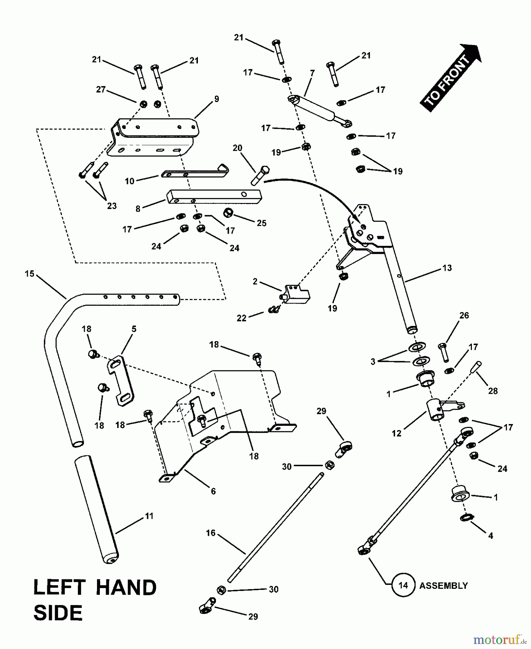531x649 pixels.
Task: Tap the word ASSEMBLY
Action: [x=443, y=586]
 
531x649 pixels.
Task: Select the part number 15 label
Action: [x=30, y=274]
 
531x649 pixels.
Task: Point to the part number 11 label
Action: [x=149, y=516]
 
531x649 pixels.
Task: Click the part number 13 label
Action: [x=447, y=268]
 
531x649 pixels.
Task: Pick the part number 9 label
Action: [x=217, y=99]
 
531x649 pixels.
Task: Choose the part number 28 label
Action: [x=493, y=391]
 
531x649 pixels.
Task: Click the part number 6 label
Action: [x=213, y=491]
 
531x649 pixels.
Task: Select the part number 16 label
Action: [x=211, y=533]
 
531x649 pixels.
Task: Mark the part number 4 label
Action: [x=491, y=536]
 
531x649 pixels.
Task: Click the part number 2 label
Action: [x=255, y=282]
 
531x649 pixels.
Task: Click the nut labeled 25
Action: [x=229, y=213]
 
